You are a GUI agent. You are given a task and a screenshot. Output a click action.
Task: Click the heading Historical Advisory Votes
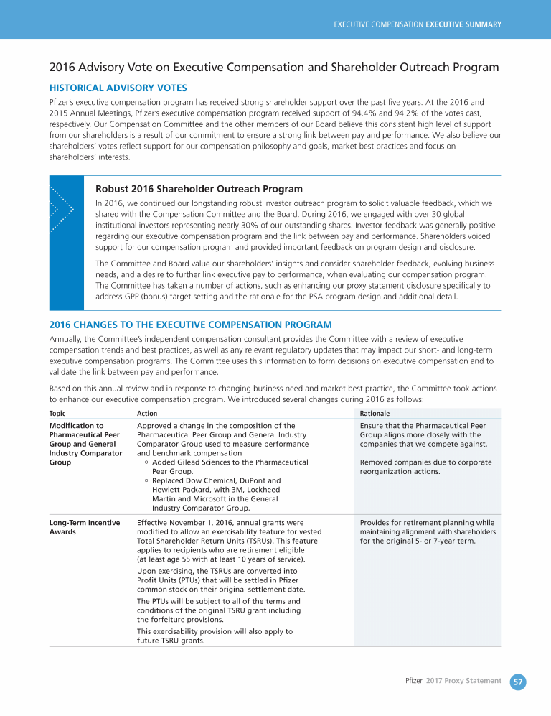pos(118,88)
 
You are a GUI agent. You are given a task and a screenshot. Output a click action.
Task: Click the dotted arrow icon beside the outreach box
pos(61,209)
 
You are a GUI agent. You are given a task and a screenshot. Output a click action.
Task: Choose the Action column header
pos(147,414)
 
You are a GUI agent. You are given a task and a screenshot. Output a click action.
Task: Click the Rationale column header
pos(375,414)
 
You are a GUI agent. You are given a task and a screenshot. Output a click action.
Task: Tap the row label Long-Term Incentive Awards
pos(84,527)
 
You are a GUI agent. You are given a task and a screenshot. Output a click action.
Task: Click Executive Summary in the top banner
pos(463,24)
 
